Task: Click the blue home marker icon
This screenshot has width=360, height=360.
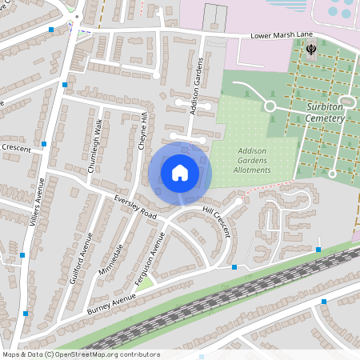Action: point(180,172)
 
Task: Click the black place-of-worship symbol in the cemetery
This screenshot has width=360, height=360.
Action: point(312,49)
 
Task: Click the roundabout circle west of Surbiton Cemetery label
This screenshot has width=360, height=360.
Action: point(270,106)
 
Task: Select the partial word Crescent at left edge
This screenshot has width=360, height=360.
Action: point(15,148)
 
